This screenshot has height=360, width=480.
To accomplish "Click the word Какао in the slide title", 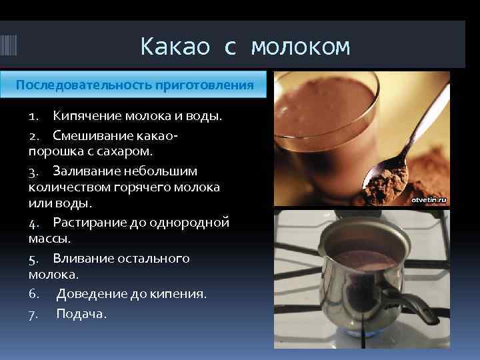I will point(175,47).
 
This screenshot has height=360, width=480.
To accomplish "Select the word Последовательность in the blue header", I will point(83,85).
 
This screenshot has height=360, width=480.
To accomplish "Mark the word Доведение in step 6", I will point(87,293).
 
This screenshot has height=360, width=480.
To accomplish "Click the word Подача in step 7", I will point(80,313).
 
